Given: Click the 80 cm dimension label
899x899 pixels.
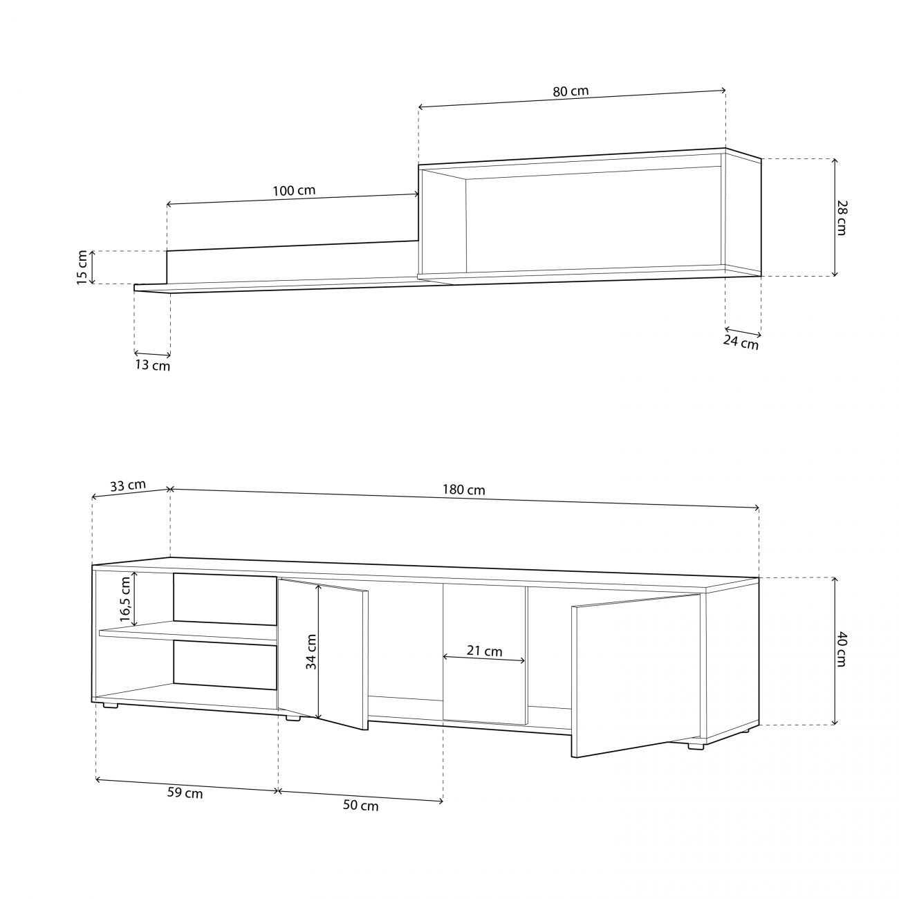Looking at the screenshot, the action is pos(571,91).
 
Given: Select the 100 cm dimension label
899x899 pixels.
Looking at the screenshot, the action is pos(294,190).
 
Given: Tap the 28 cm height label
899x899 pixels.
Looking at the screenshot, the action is pos(841,217).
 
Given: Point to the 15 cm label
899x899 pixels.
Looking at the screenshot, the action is pos(82,268).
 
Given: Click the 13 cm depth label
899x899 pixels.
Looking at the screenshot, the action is pos(153,365).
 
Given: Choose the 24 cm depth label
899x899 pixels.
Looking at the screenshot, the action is pos(741,342).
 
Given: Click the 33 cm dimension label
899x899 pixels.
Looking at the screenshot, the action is pos(129,485).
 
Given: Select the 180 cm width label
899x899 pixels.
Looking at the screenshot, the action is pos(464,490).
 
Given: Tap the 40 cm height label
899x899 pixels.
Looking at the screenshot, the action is pos(841,649).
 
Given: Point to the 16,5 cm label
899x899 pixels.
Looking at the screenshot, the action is pos(125,600).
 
